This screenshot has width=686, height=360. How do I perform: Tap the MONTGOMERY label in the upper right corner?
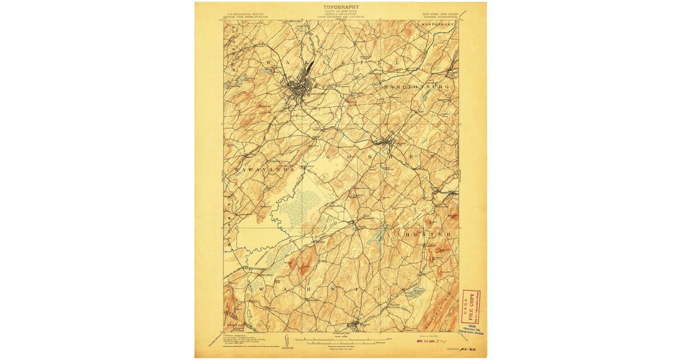[438, 25]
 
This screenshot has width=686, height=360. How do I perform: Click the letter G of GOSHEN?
[329, 155]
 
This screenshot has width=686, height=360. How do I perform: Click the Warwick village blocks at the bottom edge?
[353, 326]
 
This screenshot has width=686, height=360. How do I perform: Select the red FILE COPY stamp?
[471, 306]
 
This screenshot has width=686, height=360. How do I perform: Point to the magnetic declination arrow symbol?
[284, 342]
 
